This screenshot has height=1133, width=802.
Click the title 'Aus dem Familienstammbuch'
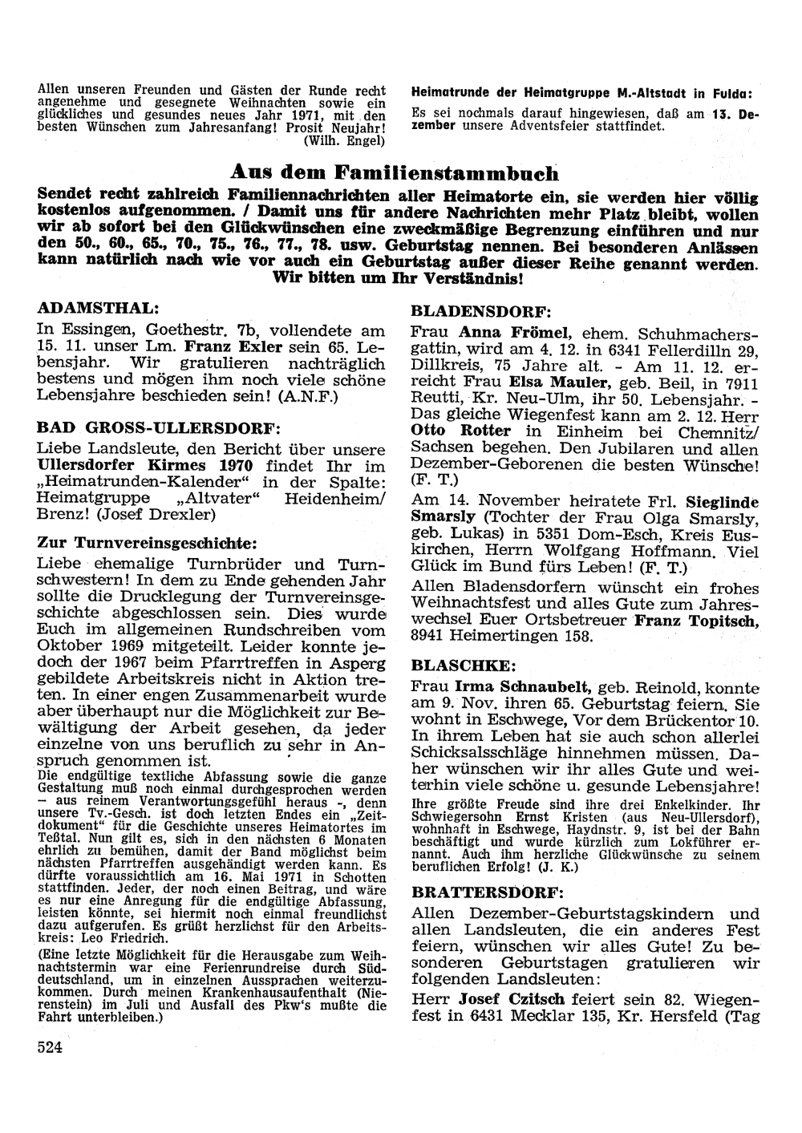point(394,172)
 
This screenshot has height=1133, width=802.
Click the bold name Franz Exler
point(233,348)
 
